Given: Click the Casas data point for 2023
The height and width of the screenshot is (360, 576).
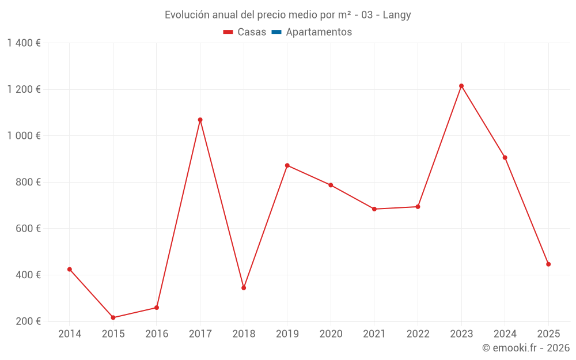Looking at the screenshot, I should click(461, 86).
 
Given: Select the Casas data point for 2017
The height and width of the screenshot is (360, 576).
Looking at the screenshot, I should click(200, 120).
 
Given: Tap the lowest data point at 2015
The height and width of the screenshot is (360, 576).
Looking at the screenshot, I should click(113, 317).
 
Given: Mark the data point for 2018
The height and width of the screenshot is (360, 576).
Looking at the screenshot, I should click(244, 288).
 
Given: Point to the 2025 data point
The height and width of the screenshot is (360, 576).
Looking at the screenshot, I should click(548, 264).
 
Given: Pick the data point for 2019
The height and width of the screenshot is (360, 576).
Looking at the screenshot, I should click(287, 165).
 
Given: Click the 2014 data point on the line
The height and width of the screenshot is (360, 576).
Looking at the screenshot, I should click(70, 269).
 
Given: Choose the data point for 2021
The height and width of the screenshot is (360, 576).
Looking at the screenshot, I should click(374, 209).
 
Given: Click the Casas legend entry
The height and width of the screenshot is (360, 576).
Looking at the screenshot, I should click(245, 32).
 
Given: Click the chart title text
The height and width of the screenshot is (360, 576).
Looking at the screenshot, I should click(288, 15).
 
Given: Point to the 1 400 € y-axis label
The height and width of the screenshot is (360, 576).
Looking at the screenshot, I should click(24, 43).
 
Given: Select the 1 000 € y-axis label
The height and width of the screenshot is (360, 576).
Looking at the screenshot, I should click(24, 136).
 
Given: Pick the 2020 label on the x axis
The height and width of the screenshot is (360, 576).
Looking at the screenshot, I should click(331, 334).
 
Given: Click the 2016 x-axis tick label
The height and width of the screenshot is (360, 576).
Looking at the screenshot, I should click(157, 334).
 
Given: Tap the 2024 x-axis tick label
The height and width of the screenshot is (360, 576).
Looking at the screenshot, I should click(505, 334).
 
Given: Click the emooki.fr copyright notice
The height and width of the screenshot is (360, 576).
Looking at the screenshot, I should click(525, 348).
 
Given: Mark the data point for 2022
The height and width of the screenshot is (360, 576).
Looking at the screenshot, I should click(418, 207).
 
